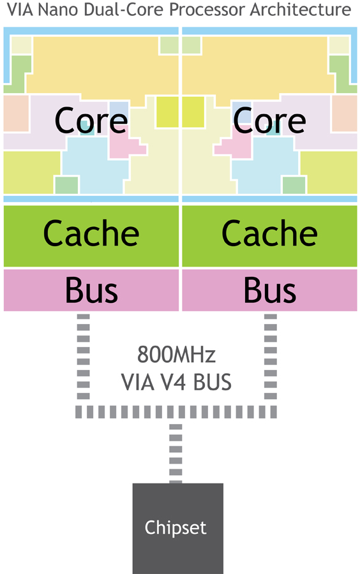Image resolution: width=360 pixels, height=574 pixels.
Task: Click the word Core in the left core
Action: (x=91, y=120)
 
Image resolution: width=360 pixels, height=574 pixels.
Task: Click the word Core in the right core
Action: (x=269, y=120)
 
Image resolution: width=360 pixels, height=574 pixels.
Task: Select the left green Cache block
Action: (x=91, y=236)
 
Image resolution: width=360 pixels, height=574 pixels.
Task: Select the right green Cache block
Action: (x=269, y=236)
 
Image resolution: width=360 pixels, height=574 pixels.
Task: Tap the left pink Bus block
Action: (x=91, y=290)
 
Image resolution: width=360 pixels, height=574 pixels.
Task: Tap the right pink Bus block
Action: (x=269, y=290)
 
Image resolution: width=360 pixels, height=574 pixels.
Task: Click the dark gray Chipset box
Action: (x=178, y=528)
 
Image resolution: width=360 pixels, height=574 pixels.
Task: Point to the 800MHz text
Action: (x=176, y=355)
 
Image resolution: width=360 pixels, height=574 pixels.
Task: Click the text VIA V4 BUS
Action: (x=176, y=382)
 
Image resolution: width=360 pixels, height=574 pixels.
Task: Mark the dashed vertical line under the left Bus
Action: (x=84, y=357)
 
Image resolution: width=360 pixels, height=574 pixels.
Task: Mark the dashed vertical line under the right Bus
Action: (x=270, y=357)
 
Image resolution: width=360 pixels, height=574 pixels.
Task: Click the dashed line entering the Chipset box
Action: (x=176, y=453)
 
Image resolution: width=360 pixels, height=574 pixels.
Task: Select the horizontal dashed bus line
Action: (x=176, y=412)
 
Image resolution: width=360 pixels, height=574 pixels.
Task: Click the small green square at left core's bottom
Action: (x=66, y=185)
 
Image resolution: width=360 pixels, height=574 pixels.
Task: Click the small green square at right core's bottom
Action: (x=294, y=185)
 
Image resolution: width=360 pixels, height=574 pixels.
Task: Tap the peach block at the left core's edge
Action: (x=16, y=114)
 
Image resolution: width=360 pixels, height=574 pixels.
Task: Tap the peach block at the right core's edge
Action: (x=344, y=114)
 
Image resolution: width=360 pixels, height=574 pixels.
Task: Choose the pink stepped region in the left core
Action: (x=125, y=145)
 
